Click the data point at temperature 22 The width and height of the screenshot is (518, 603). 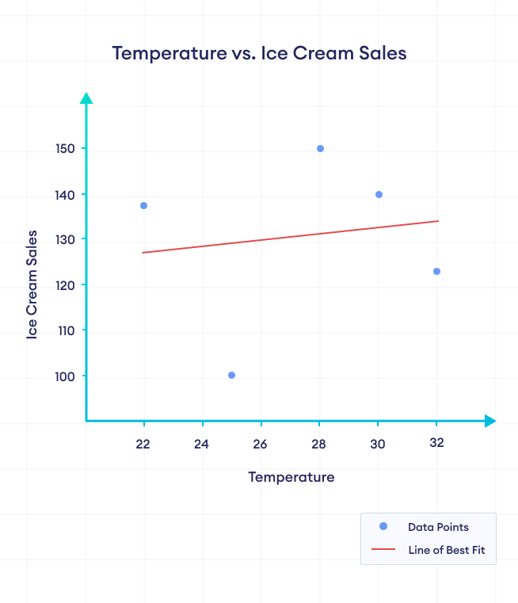click(x=143, y=206)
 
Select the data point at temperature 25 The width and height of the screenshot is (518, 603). click(x=231, y=375)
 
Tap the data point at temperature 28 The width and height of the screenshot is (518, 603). click(x=320, y=148)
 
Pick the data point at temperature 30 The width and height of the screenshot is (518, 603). click(x=379, y=194)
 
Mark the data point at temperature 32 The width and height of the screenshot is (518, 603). click(x=436, y=271)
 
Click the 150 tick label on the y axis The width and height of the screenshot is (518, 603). click(x=65, y=149)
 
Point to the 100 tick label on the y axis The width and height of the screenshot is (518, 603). click(x=65, y=376)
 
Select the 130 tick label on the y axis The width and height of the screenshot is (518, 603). click(x=65, y=240)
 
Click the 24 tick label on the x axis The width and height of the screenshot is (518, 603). click(x=202, y=444)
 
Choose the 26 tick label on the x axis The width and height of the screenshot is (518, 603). click(x=261, y=444)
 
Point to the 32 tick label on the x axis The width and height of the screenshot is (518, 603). click(x=436, y=443)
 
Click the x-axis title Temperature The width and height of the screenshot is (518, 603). click(x=291, y=477)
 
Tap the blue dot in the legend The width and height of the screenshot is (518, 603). click(x=383, y=527)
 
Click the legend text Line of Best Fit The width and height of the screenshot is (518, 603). click(x=446, y=550)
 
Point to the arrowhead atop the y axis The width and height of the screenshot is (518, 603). click(x=86, y=97)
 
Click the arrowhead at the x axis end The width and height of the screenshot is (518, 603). click(x=490, y=421)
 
